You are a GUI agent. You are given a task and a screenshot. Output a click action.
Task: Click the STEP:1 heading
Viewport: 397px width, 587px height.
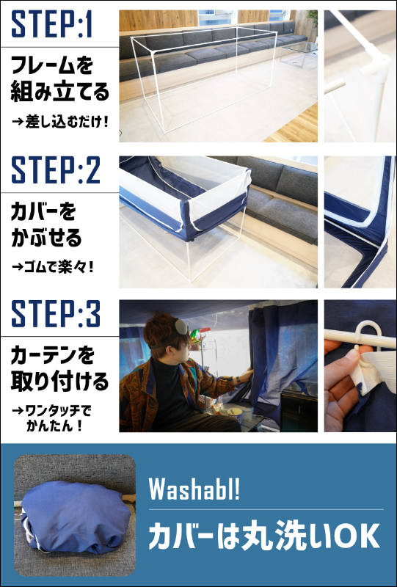click(51, 25)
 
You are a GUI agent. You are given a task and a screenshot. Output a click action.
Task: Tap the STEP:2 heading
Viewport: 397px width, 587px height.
click(56, 170)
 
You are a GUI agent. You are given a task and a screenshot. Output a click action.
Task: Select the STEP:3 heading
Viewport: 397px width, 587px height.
click(56, 314)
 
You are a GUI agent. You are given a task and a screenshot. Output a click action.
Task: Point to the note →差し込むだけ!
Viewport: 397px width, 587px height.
click(60, 122)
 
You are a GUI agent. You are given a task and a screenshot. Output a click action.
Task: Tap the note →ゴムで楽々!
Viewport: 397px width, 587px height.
click(52, 267)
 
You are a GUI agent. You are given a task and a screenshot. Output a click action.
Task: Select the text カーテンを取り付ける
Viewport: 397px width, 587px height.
click(59, 369)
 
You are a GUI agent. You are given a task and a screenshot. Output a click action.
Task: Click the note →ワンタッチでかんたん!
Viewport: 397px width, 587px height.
click(51, 418)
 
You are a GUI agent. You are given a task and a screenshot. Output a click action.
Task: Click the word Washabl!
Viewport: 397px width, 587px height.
click(194, 489)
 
